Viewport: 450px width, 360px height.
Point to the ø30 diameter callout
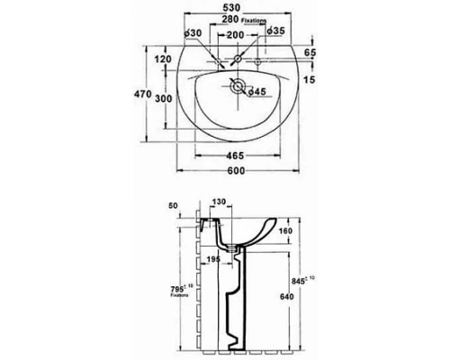(191, 33)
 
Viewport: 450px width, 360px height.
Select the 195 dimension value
(213, 260)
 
